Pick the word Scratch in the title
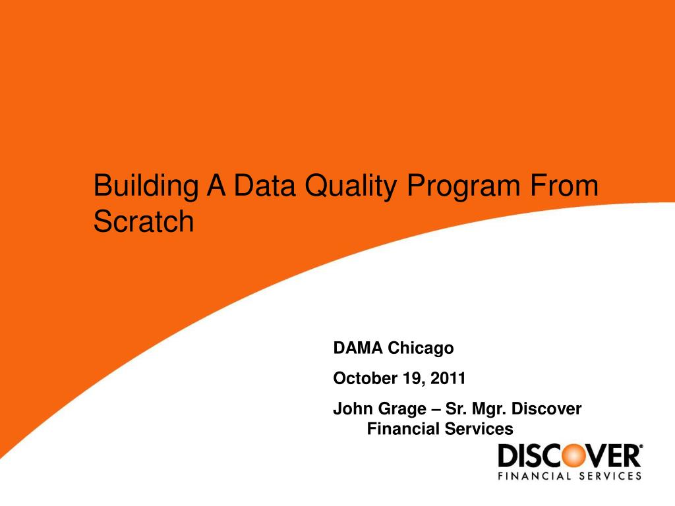[144, 222]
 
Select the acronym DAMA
[358, 347]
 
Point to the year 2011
[450, 378]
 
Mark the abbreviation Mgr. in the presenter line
[487, 409]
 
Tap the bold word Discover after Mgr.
[546, 409]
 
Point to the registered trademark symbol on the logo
[639, 447]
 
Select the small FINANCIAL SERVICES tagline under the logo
[569, 476]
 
